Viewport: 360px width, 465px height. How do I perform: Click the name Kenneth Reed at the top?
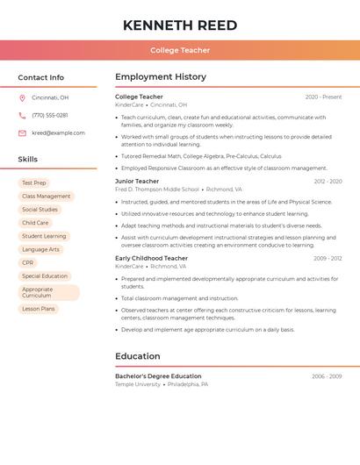point(180,25)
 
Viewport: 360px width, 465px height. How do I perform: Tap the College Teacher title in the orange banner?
point(180,50)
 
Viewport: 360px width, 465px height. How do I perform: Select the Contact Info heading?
point(41,77)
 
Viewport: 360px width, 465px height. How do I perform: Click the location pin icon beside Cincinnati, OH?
point(22,97)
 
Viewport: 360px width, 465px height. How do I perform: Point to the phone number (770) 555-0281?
point(50,115)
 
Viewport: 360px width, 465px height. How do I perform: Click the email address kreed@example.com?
point(58,132)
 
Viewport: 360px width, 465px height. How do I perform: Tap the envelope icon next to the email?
point(22,132)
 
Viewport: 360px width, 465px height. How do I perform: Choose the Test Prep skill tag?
point(34,182)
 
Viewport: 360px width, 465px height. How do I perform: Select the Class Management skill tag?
point(46,196)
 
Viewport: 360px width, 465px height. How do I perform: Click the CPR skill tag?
point(28,262)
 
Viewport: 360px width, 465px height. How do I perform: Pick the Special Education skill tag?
point(45,275)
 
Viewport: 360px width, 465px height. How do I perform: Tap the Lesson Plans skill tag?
point(39,309)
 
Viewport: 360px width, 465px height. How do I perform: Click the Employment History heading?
point(161,77)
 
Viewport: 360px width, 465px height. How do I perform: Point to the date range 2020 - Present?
point(323,97)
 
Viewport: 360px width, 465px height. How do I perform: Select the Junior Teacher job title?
point(137,181)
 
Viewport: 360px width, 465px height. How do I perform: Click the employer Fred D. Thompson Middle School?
point(157,189)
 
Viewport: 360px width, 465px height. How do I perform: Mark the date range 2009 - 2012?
point(328,258)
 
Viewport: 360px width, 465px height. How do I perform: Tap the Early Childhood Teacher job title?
point(151,258)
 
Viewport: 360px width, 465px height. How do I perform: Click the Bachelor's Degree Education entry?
point(158,376)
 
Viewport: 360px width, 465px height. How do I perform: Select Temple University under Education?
point(138,384)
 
